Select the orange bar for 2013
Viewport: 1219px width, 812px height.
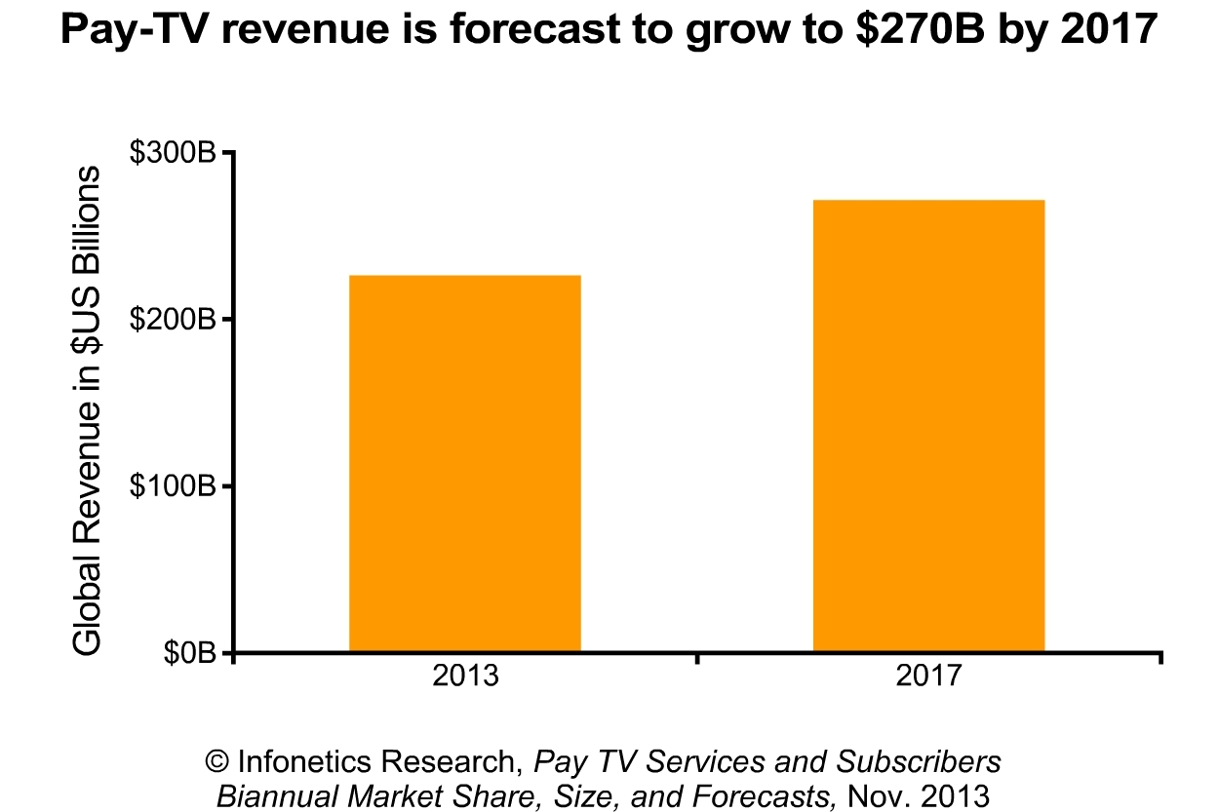(x=465, y=463)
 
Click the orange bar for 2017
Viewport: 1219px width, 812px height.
(x=928, y=425)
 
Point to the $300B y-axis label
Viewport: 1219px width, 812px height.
(x=173, y=154)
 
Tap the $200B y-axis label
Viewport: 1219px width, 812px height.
(x=173, y=320)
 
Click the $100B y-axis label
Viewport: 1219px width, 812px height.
(x=173, y=486)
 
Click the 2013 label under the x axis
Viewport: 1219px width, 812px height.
(x=465, y=676)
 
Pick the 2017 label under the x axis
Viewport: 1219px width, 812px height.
(x=927, y=676)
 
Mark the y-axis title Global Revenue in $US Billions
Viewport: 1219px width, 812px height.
(x=88, y=409)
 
